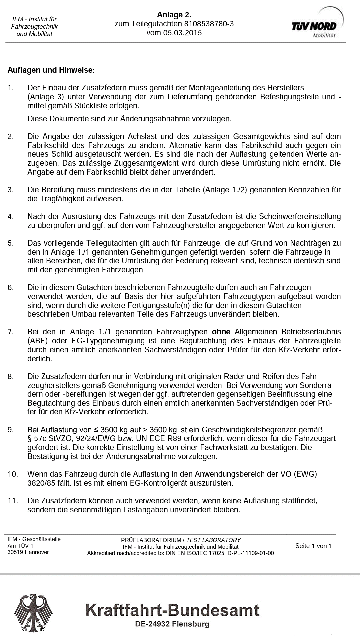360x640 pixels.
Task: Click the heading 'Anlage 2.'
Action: [174, 15]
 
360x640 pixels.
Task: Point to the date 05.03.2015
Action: [182, 33]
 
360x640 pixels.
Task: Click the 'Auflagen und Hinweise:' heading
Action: [51, 70]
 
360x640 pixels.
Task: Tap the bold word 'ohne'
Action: [221, 332]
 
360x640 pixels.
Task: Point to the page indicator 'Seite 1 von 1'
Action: [313, 546]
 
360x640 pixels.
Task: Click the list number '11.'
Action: [12, 501]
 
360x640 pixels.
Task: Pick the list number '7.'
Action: [11, 332]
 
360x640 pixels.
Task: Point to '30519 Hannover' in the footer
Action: [28, 552]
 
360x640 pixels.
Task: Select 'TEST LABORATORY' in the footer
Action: [213, 540]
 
